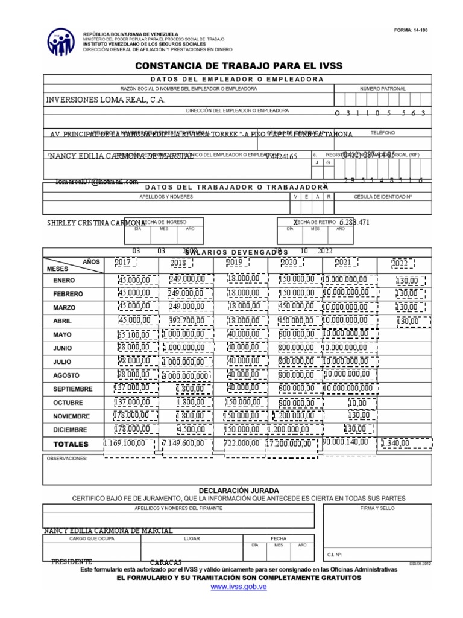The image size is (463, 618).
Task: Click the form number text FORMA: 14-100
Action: point(410,30)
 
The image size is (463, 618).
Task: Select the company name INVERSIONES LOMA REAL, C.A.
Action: point(106,100)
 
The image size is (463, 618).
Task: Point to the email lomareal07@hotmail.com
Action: point(97,181)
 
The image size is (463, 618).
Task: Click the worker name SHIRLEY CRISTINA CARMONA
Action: point(96,223)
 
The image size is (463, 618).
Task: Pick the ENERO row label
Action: point(64,281)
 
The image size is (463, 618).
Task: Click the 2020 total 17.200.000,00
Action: point(294,444)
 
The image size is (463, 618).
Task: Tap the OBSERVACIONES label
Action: point(68,459)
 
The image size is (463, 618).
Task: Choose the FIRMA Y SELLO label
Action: point(377,509)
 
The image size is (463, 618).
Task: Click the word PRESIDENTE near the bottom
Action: point(72,561)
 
